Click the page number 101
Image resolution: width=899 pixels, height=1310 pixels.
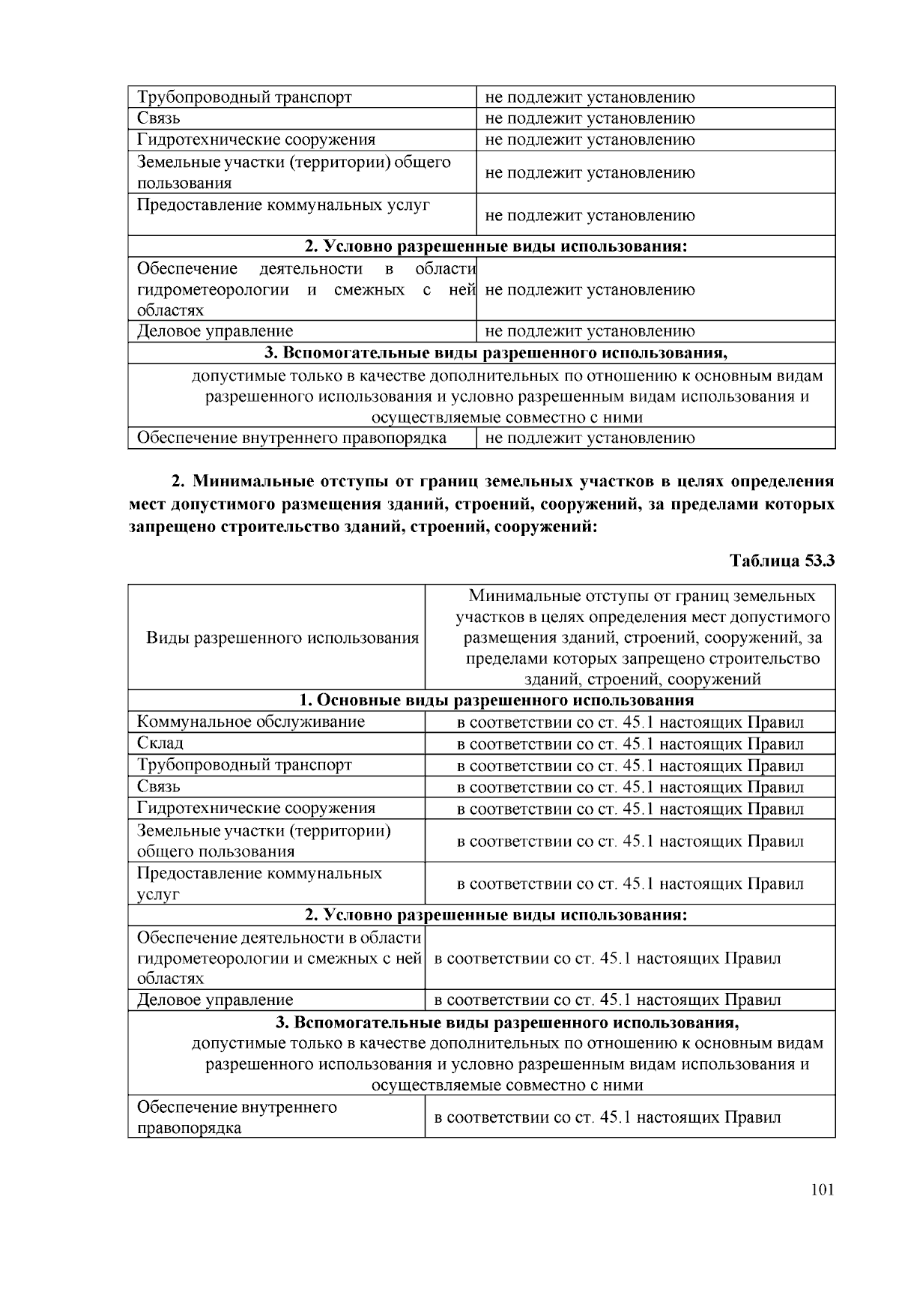click(x=822, y=1190)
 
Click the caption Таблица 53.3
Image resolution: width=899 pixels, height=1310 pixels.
click(x=781, y=561)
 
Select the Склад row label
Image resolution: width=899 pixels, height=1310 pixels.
click(x=160, y=743)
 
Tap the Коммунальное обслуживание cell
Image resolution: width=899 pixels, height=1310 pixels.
click(x=251, y=722)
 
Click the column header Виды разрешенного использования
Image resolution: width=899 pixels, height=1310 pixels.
click(x=282, y=638)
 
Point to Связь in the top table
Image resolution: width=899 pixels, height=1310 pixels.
click(x=159, y=118)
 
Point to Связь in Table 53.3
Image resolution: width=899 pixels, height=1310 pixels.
click(x=159, y=786)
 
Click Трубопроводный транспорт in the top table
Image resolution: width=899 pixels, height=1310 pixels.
click(x=244, y=97)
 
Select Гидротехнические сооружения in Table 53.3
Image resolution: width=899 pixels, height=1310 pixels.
click(x=256, y=808)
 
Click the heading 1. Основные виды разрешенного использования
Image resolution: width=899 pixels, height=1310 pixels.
click(x=496, y=700)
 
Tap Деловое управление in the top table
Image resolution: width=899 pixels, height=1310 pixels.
click(x=215, y=331)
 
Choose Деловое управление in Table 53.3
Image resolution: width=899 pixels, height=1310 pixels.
click(x=215, y=1000)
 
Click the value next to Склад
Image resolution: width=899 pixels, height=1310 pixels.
click(x=629, y=744)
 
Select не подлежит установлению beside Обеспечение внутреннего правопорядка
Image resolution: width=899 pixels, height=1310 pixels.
click(x=590, y=438)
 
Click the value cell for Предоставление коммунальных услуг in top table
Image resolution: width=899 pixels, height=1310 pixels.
click(x=590, y=216)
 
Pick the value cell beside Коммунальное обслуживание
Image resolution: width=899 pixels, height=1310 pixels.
click(x=629, y=722)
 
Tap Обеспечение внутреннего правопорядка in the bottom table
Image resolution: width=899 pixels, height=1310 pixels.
click(x=237, y=1117)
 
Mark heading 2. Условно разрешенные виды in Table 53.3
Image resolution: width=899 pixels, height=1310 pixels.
click(x=496, y=915)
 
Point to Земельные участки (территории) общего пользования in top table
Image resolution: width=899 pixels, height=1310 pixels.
click(x=294, y=172)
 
